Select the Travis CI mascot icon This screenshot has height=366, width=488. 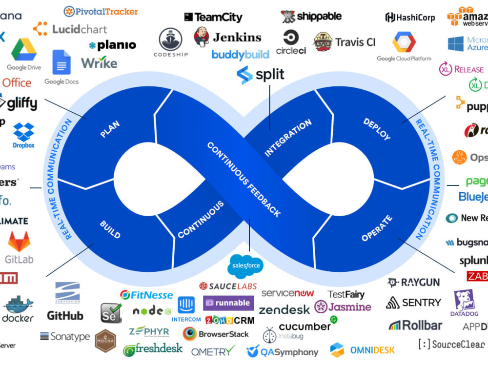click(323, 42)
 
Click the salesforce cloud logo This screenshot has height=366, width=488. click(245, 266)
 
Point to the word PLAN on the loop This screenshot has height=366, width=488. click(110, 128)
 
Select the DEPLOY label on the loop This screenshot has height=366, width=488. click(377, 129)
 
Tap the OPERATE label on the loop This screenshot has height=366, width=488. click(377, 228)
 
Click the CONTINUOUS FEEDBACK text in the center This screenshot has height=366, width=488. click(244, 180)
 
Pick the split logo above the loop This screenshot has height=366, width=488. click(261, 75)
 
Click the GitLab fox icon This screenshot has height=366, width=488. click(19, 242)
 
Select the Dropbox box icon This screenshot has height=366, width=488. click(23, 132)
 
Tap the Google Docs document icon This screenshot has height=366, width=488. click(61, 62)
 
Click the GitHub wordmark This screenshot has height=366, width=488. click(65, 316)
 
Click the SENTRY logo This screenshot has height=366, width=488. click(413, 303)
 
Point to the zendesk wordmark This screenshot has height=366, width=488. click(284, 310)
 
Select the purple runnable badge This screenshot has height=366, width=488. click(228, 303)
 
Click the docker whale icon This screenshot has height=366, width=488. click(19, 305)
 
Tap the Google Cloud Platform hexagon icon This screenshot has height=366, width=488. click(404, 42)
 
